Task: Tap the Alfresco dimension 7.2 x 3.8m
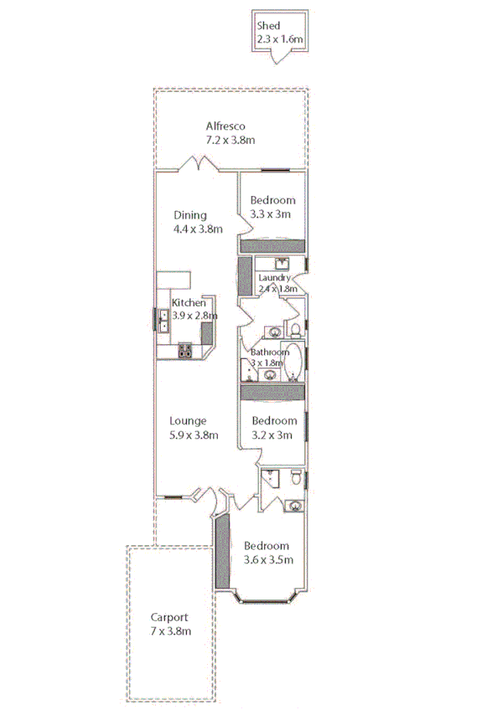tap(230, 141)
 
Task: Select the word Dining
tap(190, 215)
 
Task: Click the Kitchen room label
tap(189, 302)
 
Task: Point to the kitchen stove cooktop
tap(185, 352)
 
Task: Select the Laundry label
tap(274, 278)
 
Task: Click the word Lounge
tap(188, 420)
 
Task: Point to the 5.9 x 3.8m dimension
tap(194, 435)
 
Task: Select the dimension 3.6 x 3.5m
tap(267, 560)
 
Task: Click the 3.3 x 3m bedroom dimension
tap(272, 214)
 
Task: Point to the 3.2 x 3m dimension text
tap(272, 435)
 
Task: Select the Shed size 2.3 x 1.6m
tap(279, 39)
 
